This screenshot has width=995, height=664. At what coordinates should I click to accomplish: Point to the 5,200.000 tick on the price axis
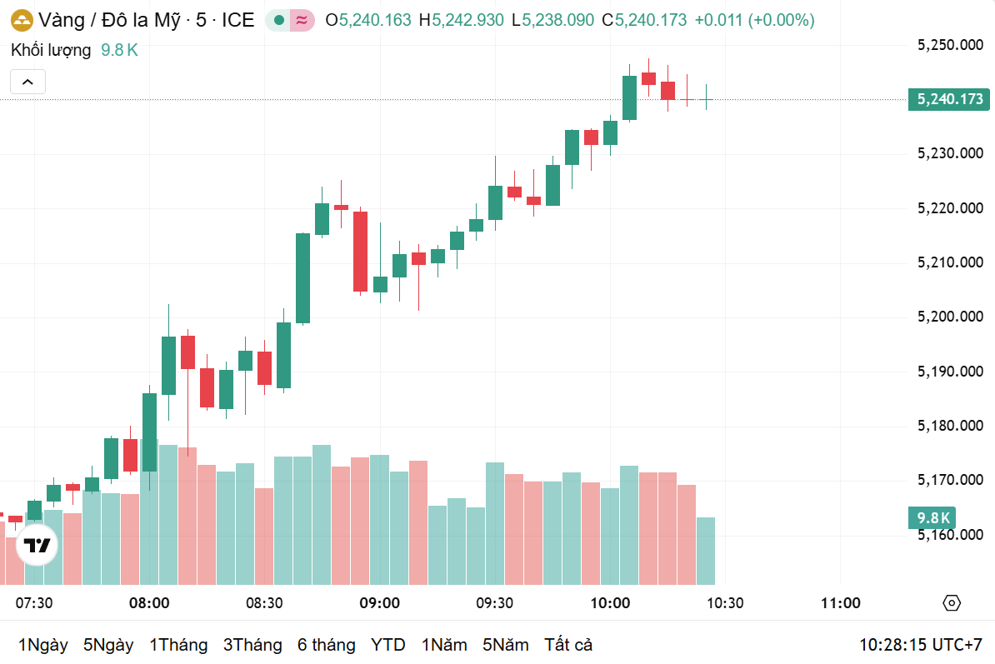point(950,317)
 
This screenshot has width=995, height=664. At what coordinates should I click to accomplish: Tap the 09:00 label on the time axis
point(379,603)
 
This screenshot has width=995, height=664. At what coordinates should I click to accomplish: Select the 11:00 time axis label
point(841,603)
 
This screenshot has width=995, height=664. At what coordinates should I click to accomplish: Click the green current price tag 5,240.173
point(949,99)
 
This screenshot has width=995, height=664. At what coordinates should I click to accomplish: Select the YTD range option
point(387,645)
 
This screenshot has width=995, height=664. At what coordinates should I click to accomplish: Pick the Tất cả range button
point(568,645)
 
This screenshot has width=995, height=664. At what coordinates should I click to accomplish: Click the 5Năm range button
point(505,645)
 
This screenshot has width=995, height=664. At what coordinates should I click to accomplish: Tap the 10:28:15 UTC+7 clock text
point(921,645)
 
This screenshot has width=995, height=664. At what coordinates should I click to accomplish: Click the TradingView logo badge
point(37,547)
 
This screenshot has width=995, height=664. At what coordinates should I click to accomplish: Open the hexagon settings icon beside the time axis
point(952,603)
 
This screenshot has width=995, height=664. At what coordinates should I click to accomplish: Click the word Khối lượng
point(51,50)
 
